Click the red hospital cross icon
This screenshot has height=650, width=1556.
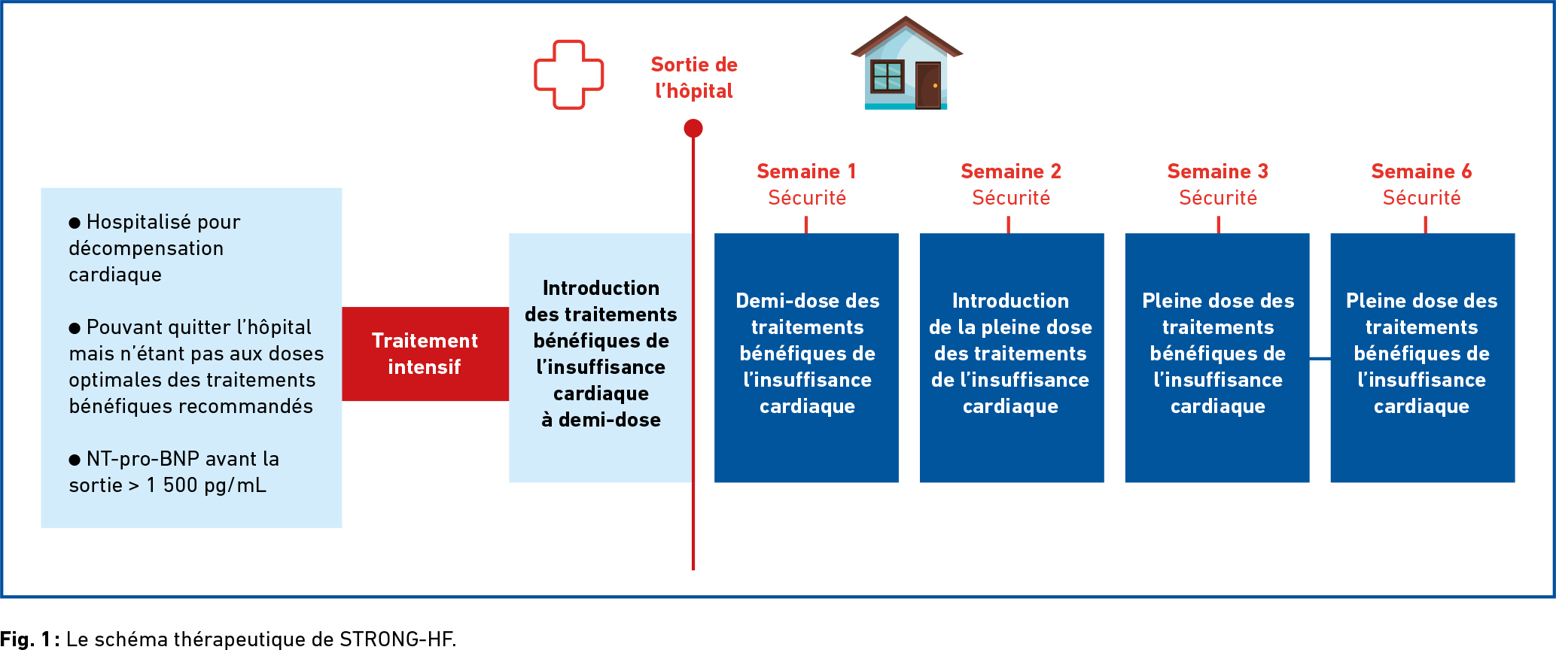click(536, 75)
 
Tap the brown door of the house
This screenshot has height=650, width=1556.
click(928, 85)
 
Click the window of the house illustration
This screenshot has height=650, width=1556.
click(887, 76)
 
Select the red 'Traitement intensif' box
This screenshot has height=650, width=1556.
click(425, 354)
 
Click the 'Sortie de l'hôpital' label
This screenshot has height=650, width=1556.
click(694, 77)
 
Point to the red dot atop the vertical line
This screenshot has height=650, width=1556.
click(693, 129)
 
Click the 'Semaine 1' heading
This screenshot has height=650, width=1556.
click(806, 172)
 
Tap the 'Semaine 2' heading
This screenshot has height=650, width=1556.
click(1011, 172)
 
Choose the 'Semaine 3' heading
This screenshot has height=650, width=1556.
click(1218, 172)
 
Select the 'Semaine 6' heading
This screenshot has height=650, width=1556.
click(1421, 172)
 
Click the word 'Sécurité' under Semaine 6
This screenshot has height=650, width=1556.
click(1421, 198)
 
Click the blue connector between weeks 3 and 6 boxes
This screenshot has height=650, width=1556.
click(1320, 359)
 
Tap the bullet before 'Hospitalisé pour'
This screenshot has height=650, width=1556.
click(75, 223)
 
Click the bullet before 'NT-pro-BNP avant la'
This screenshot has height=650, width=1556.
click(75, 460)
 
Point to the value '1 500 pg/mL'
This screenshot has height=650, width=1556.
click(206, 485)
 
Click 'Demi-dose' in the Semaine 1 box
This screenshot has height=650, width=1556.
click(777, 301)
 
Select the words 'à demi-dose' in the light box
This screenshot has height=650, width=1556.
click(601, 420)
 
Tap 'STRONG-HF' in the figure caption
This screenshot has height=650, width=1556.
click(397, 639)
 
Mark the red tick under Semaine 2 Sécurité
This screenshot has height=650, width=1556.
click(1009, 225)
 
